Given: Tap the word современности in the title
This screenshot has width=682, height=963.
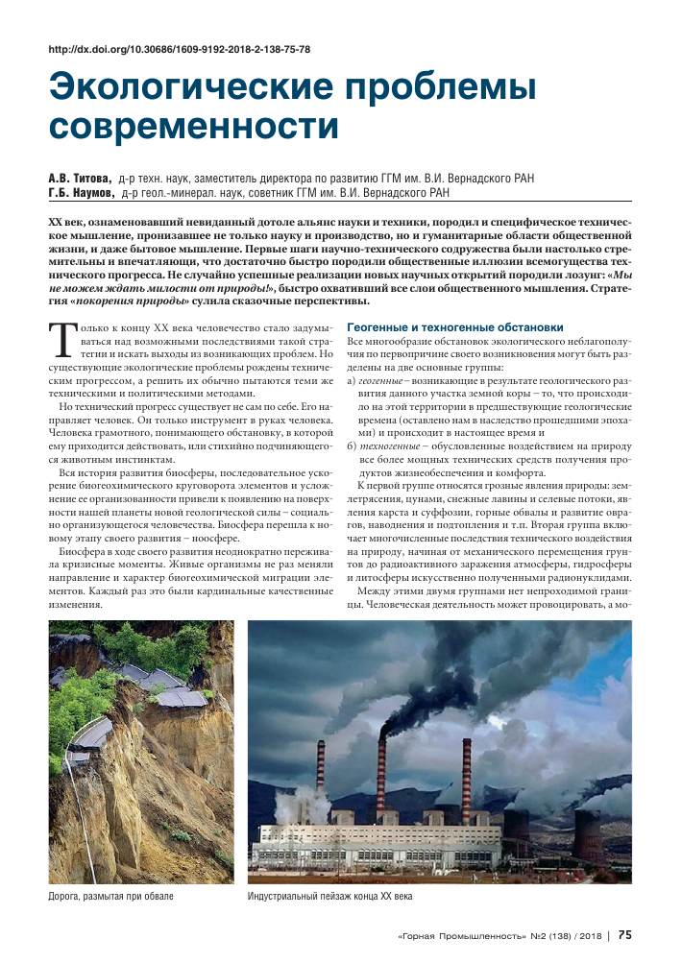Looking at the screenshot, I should coord(183,127).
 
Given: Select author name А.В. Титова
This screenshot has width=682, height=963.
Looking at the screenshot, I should coord(80,179).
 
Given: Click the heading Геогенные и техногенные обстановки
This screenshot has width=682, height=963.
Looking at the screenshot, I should coord(454,327).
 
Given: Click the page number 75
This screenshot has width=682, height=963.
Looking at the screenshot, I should coord(624,934).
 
